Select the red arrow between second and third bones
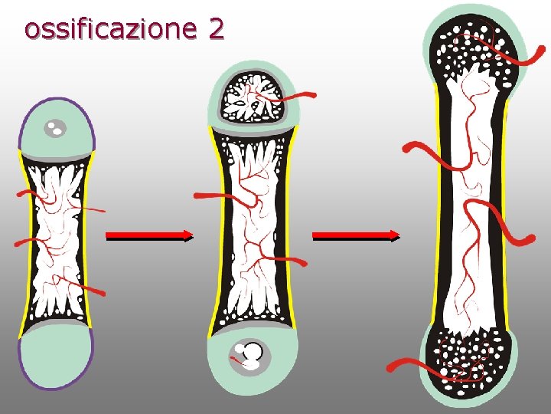pyautogui.click(x=357, y=236)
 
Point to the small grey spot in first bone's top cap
pyautogui.click(x=54, y=128)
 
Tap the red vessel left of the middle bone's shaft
pyautogui.click(x=210, y=196)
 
